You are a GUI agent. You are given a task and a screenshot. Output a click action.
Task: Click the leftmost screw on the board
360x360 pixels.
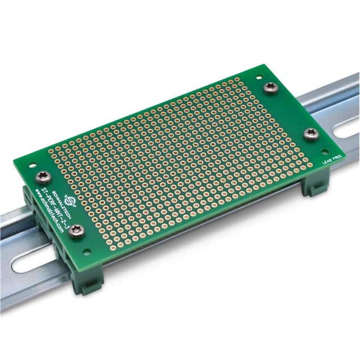[42, 177]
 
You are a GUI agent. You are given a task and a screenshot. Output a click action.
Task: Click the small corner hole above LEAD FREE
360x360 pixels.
[325, 151]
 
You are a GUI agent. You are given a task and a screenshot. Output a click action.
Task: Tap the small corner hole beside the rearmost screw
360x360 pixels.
[259, 78]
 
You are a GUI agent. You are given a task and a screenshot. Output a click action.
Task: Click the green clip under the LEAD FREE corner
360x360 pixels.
[313, 185]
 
